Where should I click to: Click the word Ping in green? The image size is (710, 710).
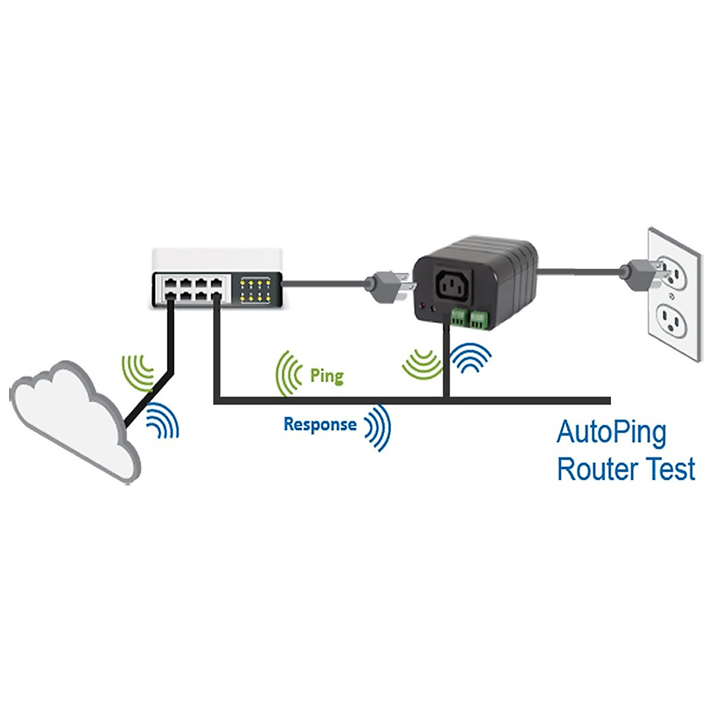[x=327, y=376]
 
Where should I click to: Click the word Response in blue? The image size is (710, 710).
[x=319, y=424]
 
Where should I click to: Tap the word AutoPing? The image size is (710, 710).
[x=612, y=433]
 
